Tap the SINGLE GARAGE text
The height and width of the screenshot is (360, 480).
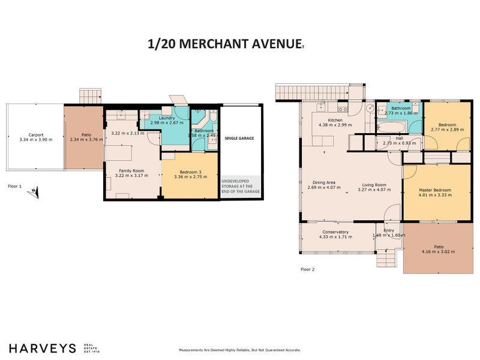[239, 138]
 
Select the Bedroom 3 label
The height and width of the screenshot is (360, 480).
[190, 172]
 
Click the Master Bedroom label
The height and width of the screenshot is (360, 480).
[435, 190]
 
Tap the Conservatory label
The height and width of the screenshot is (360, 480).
[335, 232]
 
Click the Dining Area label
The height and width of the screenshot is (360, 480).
[323, 183]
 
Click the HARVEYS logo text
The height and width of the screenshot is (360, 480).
[42, 348]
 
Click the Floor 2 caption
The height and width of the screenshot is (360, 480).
[307, 269]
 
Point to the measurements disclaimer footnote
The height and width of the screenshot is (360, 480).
[239, 350]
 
